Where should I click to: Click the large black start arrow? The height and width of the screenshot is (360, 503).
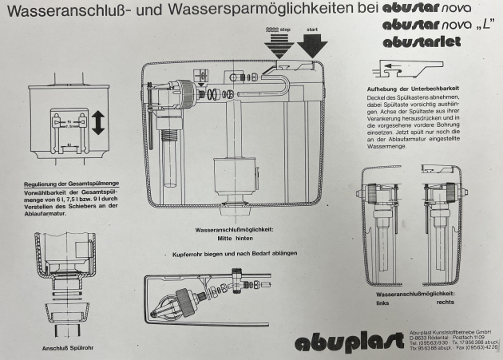tap(307, 48)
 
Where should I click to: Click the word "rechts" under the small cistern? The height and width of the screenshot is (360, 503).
tap(444, 303)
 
